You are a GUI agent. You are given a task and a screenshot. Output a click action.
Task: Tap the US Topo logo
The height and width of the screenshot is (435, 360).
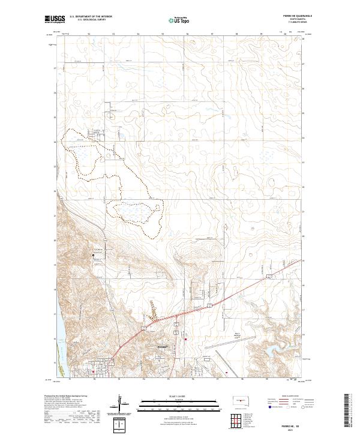[178, 20]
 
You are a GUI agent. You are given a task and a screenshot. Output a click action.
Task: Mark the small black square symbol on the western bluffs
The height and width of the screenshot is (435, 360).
[93, 256]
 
